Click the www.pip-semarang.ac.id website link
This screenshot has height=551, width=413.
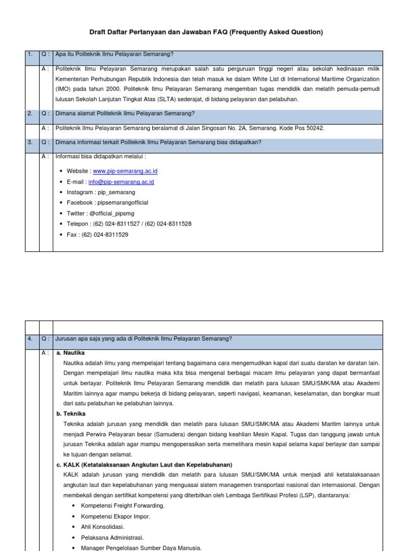pyautogui.click(x=125, y=171)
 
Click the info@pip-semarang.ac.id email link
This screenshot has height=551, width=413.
pyautogui.click(x=121, y=182)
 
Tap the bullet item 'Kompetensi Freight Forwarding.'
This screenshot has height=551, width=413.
pyautogui.click(x=123, y=506)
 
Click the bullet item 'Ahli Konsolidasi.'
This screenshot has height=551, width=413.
pyautogui.click(x=103, y=527)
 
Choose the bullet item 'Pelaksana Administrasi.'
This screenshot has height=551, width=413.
pyautogui.click(x=112, y=538)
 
